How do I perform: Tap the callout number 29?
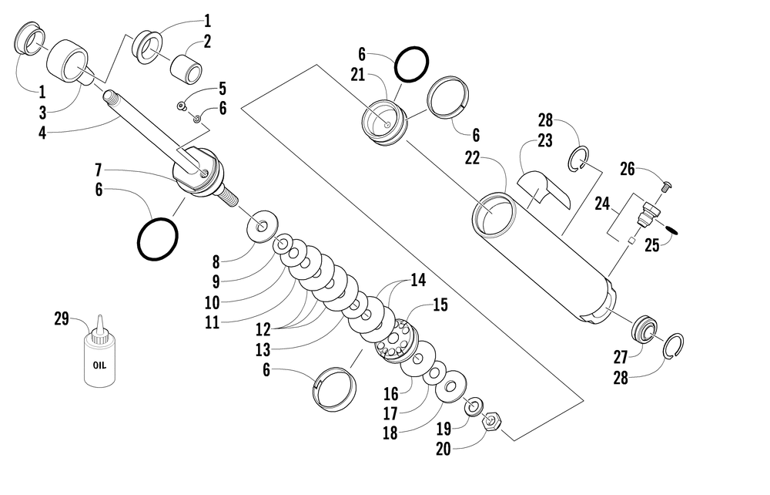(x=62, y=318)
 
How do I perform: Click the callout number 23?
(x=545, y=141)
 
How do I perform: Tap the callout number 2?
(x=207, y=41)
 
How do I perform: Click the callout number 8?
(x=216, y=261)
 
